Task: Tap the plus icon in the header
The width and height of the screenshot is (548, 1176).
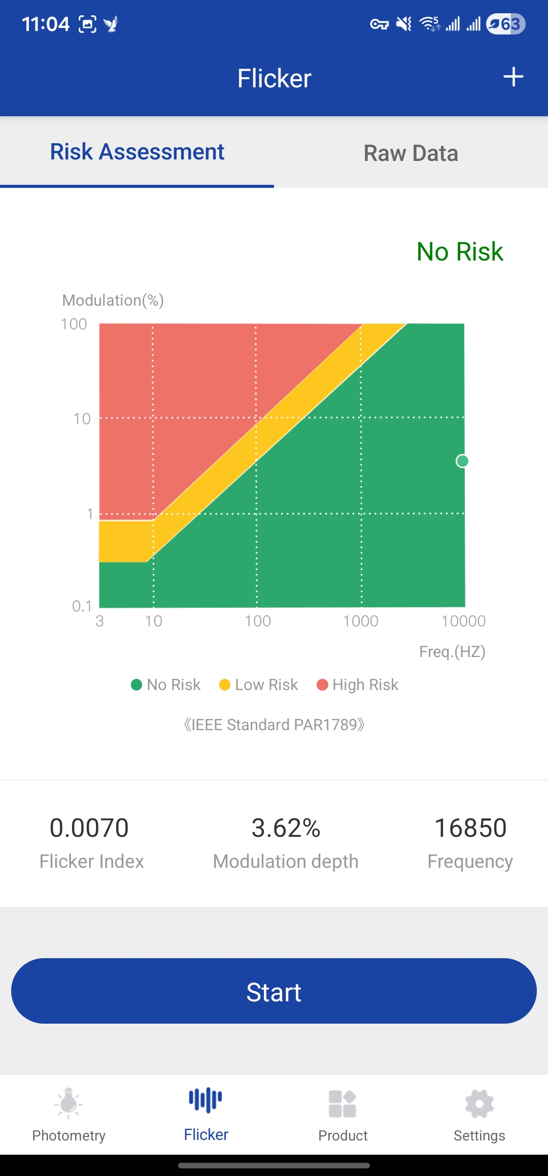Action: pyautogui.click(x=513, y=77)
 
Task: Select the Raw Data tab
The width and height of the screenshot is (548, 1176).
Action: pyautogui.click(x=410, y=153)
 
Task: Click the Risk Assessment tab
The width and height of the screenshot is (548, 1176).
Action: pyautogui.click(x=137, y=152)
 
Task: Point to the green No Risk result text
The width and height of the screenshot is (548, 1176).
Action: pyautogui.click(x=460, y=251)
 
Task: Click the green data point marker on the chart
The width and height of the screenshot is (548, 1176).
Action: pyautogui.click(x=462, y=461)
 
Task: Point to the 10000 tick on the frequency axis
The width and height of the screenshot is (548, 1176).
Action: pyautogui.click(x=463, y=621)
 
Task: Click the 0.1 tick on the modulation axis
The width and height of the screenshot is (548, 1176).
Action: pyautogui.click(x=82, y=606)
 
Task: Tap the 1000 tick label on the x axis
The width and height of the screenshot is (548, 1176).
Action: pyautogui.click(x=360, y=621)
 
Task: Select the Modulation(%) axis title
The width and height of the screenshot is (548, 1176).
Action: pyautogui.click(x=113, y=300)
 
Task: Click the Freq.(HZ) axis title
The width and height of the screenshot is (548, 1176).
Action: pyautogui.click(x=452, y=651)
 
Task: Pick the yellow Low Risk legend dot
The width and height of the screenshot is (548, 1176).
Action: pyautogui.click(x=225, y=685)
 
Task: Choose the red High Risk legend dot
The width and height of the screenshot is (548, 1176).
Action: pyautogui.click(x=322, y=685)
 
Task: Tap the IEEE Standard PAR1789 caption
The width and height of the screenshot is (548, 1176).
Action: pyautogui.click(x=274, y=725)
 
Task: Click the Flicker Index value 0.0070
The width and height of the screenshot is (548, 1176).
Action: pyautogui.click(x=89, y=828)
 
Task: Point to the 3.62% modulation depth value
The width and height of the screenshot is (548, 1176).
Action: pyautogui.click(x=286, y=828)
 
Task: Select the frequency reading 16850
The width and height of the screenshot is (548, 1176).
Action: pyautogui.click(x=470, y=828)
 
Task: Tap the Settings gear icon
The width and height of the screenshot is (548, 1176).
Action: pyautogui.click(x=479, y=1104)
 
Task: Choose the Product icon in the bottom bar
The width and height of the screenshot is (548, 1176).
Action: pyautogui.click(x=342, y=1104)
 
